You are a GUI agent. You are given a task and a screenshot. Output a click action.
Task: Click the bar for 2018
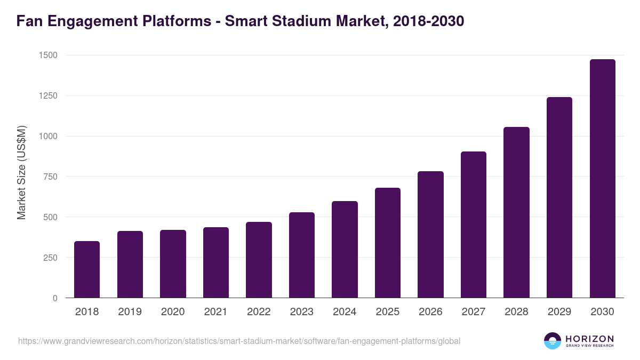click(x=87, y=269)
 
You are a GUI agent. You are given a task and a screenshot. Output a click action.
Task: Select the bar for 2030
click(x=603, y=179)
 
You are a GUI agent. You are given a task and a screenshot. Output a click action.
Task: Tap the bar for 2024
click(x=345, y=250)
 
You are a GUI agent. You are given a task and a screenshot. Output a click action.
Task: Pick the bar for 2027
click(x=474, y=225)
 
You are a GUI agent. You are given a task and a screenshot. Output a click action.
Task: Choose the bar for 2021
click(x=216, y=262)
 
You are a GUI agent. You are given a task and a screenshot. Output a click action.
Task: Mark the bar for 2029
click(x=559, y=197)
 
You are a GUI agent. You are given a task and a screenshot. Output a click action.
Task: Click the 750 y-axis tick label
click(x=50, y=177)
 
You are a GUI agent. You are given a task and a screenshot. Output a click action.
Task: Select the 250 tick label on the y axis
click(x=50, y=258)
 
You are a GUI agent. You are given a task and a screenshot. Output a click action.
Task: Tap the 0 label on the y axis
click(x=55, y=298)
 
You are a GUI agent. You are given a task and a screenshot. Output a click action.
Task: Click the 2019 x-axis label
click(x=130, y=312)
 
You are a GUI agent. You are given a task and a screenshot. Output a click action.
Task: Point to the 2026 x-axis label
click(x=430, y=312)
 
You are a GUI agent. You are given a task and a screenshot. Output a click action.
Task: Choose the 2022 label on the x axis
click(x=259, y=312)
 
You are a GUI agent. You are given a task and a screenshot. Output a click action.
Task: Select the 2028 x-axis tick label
click(x=516, y=312)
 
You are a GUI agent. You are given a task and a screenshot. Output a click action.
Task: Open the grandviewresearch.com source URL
click(x=239, y=341)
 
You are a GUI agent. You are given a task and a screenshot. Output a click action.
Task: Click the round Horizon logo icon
click(x=553, y=341)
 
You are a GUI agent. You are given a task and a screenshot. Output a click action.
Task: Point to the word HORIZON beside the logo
click(x=589, y=338)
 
